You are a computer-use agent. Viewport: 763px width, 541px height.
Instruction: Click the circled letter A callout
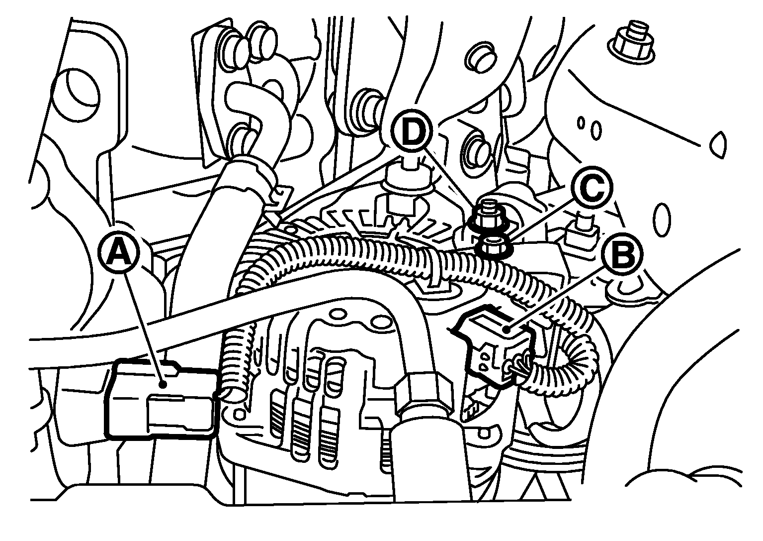[x=118, y=253]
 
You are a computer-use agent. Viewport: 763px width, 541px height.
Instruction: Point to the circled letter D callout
[x=412, y=130]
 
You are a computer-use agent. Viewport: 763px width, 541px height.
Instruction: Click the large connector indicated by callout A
[x=162, y=399]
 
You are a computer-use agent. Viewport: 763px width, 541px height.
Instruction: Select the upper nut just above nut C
[x=485, y=216]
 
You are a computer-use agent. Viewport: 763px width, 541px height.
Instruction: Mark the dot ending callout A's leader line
[x=164, y=385]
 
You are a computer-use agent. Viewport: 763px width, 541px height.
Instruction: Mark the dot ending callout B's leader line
[x=508, y=329]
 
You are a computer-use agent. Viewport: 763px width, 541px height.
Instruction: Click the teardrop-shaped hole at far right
[x=718, y=145]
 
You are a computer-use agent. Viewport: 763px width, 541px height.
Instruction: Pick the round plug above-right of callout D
[x=480, y=58]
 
